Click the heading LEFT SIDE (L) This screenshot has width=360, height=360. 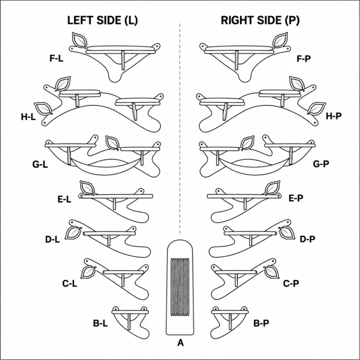click(x=102, y=21)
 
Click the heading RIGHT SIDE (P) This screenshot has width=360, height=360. click(x=260, y=21)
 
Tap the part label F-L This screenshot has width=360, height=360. click(x=56, y=59)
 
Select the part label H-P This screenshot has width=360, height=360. click(x=334, y=116)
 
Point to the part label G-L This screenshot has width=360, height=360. click(x=40, y=164)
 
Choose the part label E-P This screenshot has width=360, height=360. click(x=296, y=198)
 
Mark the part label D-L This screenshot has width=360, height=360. click(x=52, y=240)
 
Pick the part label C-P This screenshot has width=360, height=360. click(x=291, y=284)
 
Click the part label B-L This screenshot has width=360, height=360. click(x=100, y=323)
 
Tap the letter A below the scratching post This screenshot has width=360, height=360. click(x=180, y=343)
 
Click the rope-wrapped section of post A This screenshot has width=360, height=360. click(x=180, y=287)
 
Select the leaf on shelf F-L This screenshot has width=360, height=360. click(x=79, y=40)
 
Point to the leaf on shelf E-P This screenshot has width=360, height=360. click(x=273, y=188)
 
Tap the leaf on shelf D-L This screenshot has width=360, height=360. click(x=73, y=233)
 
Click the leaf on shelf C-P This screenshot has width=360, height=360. click(x=271, y=272)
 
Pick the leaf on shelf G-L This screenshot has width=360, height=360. click(x=112, y=143)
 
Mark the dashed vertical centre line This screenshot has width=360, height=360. click(x=180, y=129)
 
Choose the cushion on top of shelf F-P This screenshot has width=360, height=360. click(x=239, y=48)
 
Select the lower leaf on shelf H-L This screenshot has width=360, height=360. click(x=43, y=108)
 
